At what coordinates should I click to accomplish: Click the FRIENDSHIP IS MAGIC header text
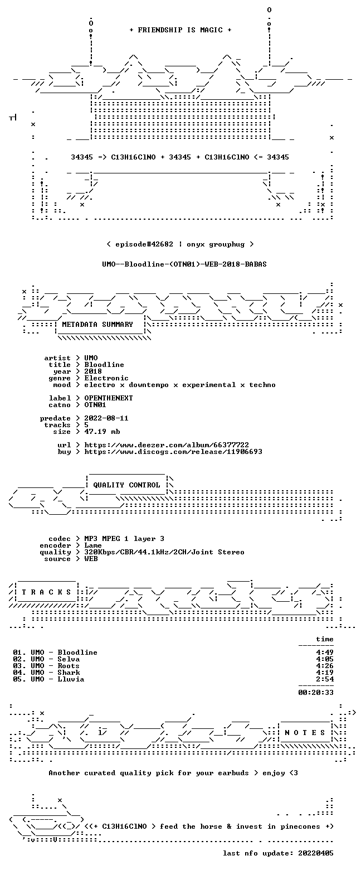pos(180,30)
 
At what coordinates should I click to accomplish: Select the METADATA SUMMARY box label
pos(97,325)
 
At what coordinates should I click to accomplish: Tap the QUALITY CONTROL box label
pos(126,485)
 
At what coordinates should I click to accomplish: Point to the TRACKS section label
pos(47,592)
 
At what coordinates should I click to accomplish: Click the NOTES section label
pos(305,732)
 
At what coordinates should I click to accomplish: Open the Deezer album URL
pos(167,444)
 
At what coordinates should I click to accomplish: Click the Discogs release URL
pos(173,452)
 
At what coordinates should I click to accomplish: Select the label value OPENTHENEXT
pos(109,398)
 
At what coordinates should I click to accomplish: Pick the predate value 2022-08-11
pos(106,418)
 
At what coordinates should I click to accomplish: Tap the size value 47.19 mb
pos(102,432)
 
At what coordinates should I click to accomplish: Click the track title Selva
pos(69,659)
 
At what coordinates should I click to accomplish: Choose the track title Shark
pos(69,673)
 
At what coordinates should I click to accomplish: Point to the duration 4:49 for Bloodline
pos(325,652)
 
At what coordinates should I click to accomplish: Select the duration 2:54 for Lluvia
pos(325,679)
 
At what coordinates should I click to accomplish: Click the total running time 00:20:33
pos(316,692)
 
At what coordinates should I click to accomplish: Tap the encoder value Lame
pos(93,545)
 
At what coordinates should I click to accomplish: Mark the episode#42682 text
pos(144,244)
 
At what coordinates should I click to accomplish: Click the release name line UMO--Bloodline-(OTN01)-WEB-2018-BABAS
pos(184,264)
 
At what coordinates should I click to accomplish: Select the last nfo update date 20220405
pos(316,853)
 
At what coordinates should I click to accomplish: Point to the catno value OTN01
pos(95,405)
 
